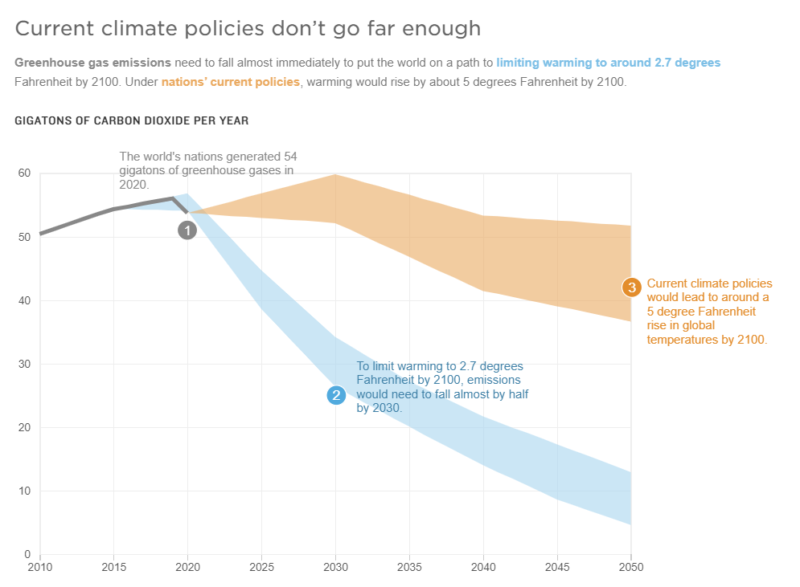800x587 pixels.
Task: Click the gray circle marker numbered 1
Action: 187,230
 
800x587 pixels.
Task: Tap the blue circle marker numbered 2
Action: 335,395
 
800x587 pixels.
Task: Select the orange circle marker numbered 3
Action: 631,287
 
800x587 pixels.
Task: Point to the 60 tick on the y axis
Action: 24,173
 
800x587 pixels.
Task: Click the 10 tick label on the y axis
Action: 24,491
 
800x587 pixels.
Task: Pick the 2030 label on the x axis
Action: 335,566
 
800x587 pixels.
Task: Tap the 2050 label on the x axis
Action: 630,566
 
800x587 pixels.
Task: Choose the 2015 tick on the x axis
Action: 113,566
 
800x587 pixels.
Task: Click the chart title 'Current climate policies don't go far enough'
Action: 248,29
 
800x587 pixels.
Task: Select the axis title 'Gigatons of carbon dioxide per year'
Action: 132,120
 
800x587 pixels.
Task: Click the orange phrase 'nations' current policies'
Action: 231,82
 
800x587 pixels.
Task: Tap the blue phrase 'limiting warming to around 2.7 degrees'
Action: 608,62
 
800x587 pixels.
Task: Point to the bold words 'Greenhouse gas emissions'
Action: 92,62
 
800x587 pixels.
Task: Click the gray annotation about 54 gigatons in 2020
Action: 207,170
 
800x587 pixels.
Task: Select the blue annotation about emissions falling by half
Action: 442,387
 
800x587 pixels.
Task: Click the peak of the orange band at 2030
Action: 335,175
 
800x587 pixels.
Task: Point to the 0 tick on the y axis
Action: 27,554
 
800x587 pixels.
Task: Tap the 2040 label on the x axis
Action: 482,566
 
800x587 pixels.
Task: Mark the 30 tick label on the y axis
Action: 24,364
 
